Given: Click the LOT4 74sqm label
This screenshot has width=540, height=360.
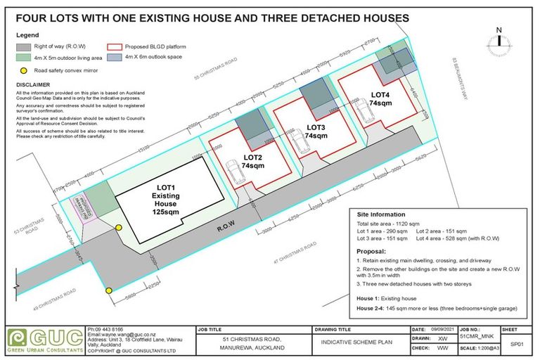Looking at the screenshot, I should [380, 98].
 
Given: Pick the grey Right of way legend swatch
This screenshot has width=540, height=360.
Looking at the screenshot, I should [25, 47].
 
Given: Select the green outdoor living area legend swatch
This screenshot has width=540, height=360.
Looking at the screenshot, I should [25, 58].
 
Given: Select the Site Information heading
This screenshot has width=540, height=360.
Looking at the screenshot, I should [380, 214].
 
